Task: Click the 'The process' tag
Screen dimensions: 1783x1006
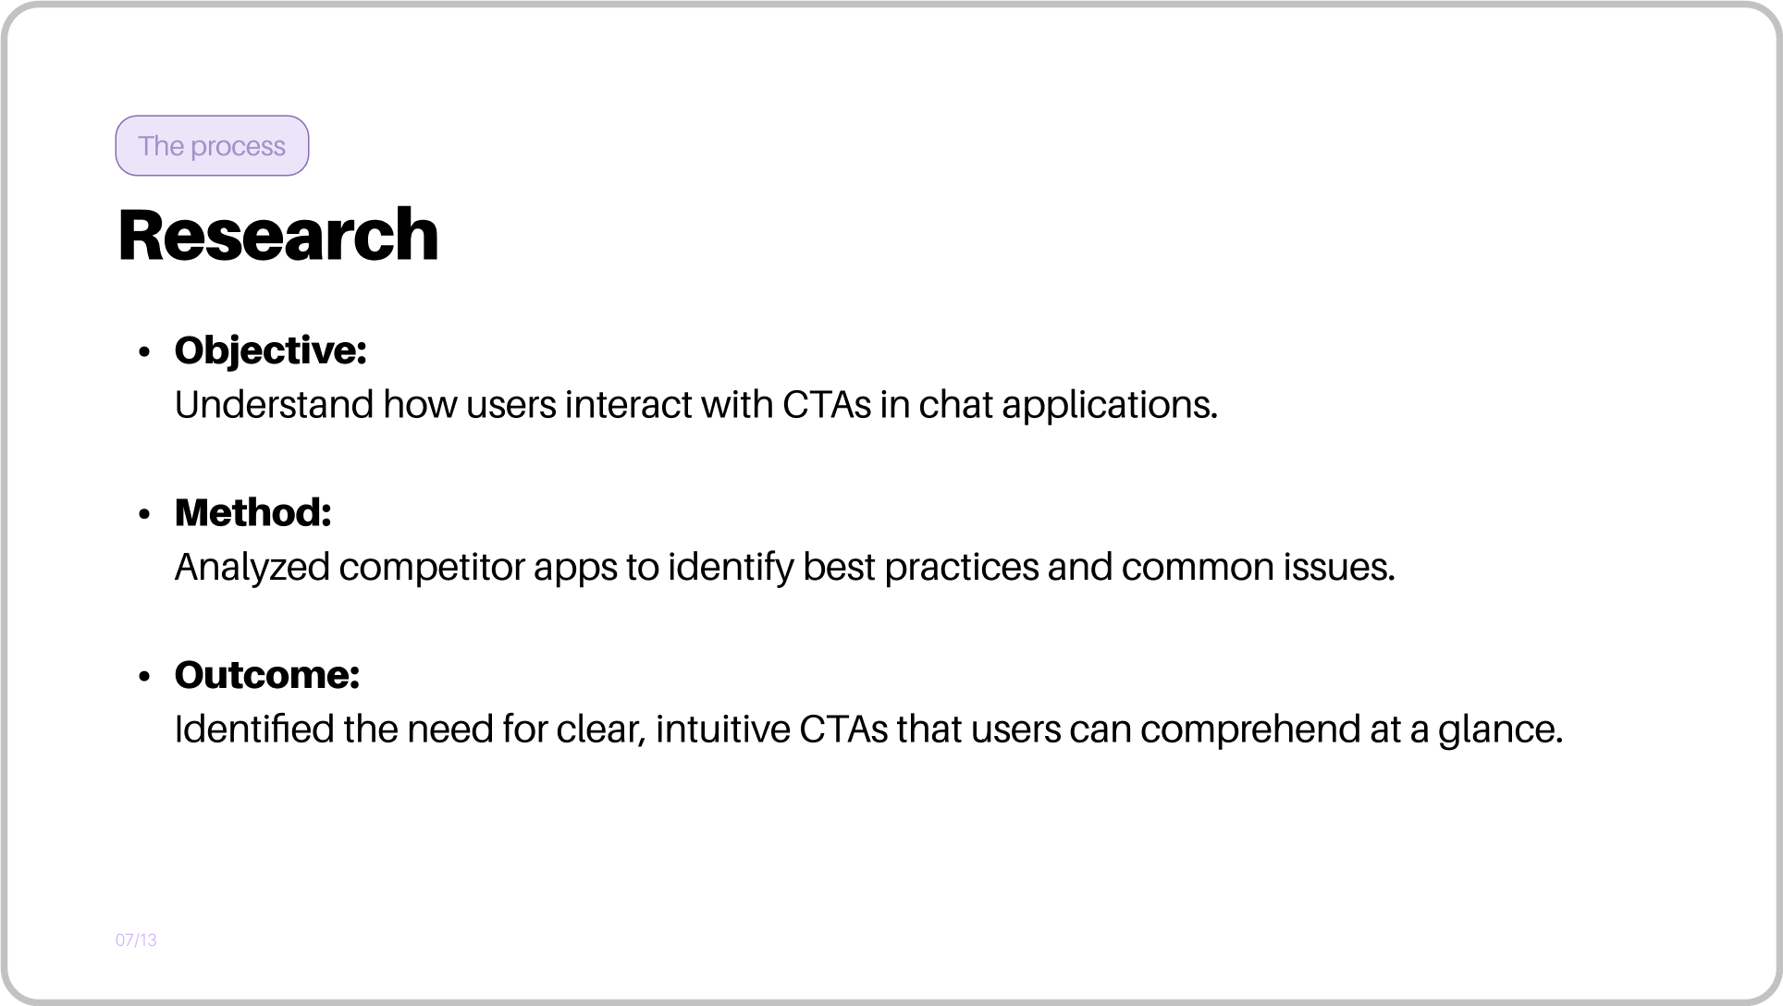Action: pos(212,145)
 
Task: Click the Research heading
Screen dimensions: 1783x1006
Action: pos(278,235)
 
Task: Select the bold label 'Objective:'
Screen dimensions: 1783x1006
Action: pos(271,351)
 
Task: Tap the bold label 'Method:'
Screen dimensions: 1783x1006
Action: pos(253,513)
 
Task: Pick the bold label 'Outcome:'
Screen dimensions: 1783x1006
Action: pos(267,675)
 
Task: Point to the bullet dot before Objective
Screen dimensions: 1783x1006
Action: pos(143,352)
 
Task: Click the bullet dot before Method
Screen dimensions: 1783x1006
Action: pos(143,514)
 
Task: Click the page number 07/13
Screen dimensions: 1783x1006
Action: pos(136,940)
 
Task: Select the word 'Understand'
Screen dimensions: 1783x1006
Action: pos(275,405)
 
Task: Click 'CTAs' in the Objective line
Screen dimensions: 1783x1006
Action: pos(827,405)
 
